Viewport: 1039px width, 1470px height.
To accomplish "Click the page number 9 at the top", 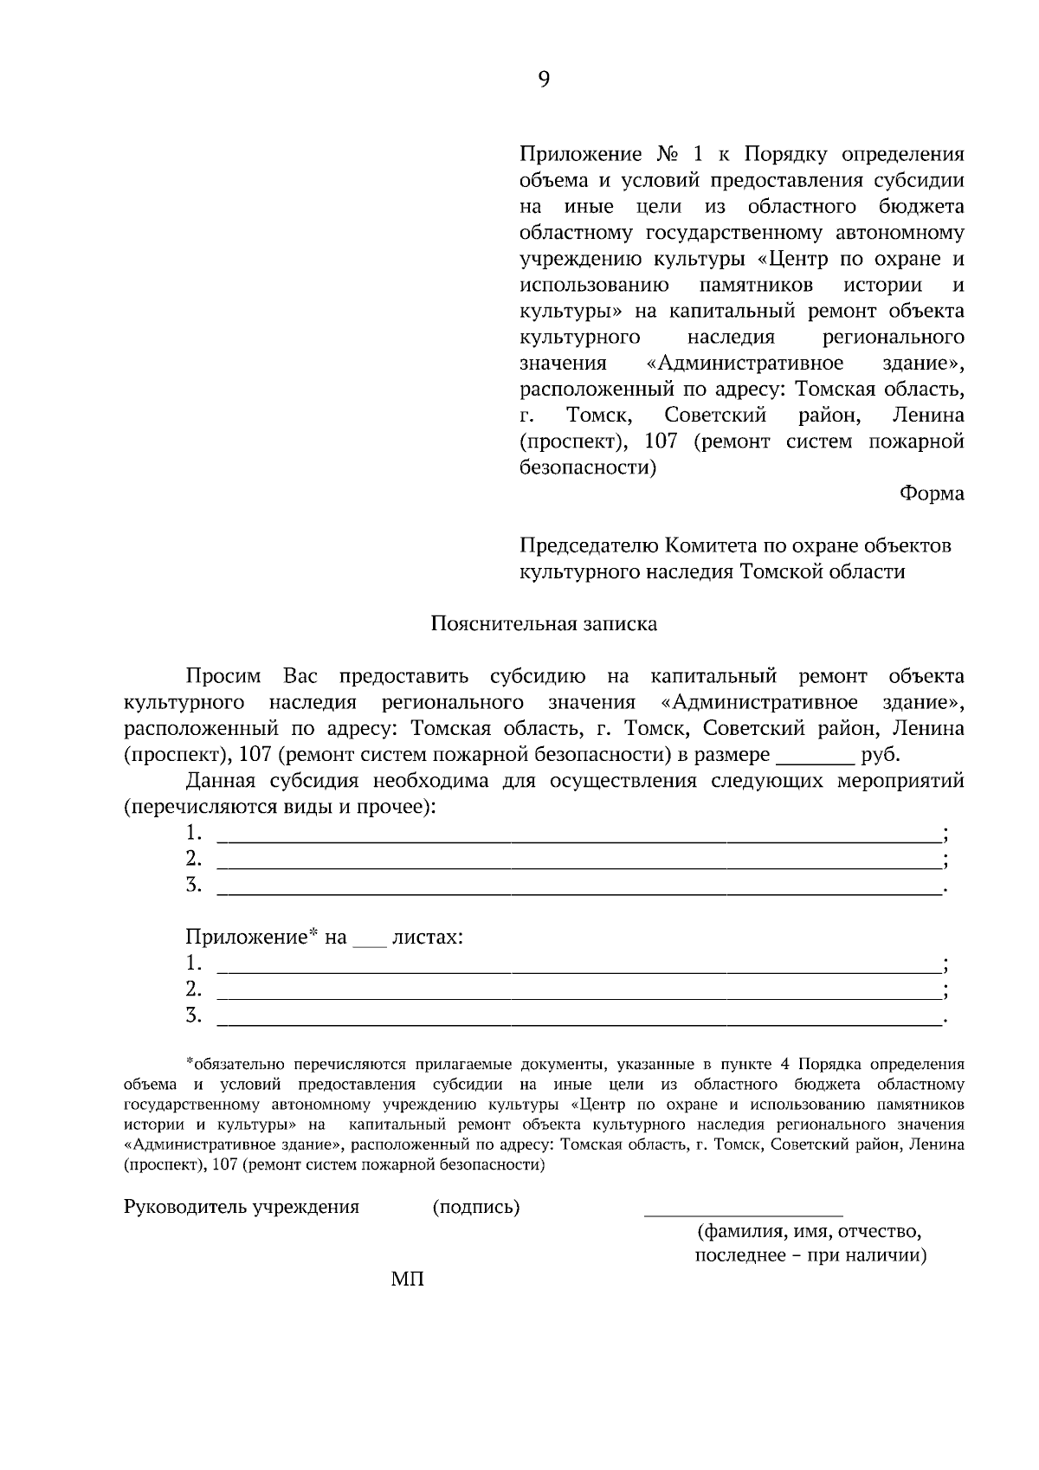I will click(x=544, y=80).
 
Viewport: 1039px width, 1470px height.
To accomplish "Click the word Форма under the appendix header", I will click(x=932, y=493).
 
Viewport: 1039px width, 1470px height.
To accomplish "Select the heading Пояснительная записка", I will click(x=544, y=624).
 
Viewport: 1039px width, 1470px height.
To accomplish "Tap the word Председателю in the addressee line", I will click(x=590, y=546).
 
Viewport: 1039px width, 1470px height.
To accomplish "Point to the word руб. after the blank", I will click(x=881, y=755).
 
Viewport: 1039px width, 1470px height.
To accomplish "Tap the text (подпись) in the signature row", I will click(x=476, y=1208).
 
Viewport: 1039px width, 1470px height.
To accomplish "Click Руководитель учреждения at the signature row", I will click(x=242, y=1208).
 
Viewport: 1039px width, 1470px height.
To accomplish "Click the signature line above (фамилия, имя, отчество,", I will click(x=743, y=1215).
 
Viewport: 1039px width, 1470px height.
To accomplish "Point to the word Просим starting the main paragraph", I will click(x=223, y=676).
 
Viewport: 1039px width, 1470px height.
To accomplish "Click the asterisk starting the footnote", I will click(x=189, y=1062).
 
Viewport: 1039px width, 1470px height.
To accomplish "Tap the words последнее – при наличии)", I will click(x=810, y=1255).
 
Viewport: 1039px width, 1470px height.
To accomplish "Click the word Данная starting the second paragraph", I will click(x=221, y=781).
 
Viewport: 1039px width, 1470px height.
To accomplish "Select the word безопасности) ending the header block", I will click(x=588, y=468).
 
